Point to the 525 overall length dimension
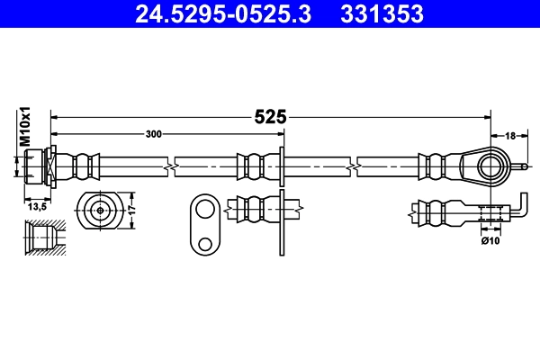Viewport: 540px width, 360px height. tap(270, 116)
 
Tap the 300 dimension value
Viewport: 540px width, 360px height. tap(154, 134)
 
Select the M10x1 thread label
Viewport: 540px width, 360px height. tap(26, 126)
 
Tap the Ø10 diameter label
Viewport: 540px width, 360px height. tap(490, 241)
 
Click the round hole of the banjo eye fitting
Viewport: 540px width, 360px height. tap(489, 166)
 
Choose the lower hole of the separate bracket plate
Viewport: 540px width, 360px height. tap(205, 243)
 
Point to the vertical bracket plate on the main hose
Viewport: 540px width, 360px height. tap(283, 165)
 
